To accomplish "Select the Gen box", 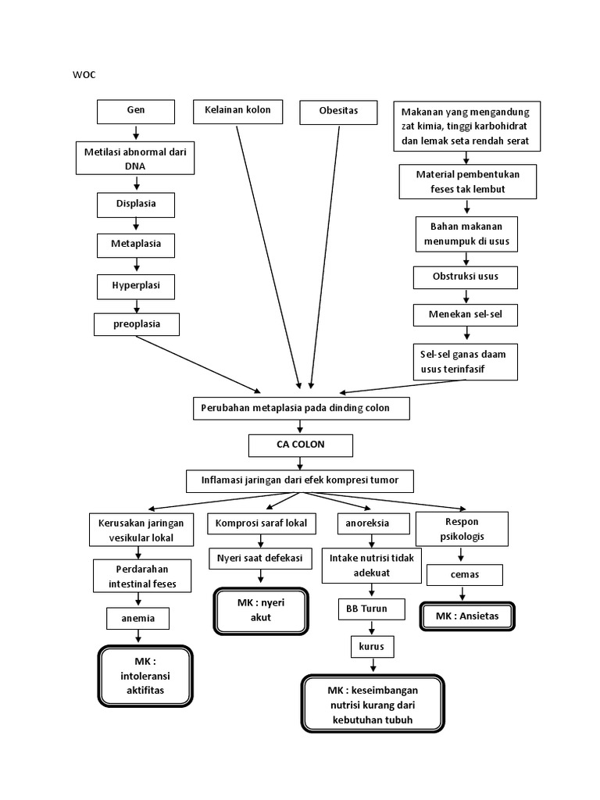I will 136,112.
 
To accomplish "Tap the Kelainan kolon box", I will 237,111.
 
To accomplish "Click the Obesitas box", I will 338,112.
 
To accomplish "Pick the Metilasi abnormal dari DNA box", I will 135,159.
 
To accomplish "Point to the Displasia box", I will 136,205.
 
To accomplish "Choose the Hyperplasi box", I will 136,286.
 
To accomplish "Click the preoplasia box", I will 136,323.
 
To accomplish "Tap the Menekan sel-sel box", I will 466,316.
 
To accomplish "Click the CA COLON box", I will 301,445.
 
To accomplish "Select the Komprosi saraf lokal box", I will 262,523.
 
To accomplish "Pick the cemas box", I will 464,575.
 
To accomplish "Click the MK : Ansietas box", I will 466,616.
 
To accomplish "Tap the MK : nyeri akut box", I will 260,611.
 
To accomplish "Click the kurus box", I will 373,647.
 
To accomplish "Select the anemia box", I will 139,619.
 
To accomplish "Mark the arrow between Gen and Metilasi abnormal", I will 136,133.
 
